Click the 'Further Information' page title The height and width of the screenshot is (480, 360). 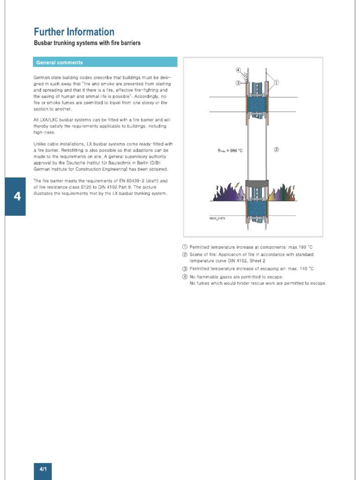click(x=74, y=32)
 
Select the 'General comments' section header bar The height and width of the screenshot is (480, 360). click(x=105, y=62)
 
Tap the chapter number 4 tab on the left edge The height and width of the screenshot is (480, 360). click(x=17, y=196)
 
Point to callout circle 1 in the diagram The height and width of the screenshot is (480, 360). click(x=277, y=82)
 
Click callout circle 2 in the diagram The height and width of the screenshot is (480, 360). click(x=277, y=150)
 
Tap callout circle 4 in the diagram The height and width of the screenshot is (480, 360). click(x=238, y=70)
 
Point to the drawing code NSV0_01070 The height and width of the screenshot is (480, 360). click(x=217, y=218)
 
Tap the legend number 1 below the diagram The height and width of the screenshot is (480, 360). click(x=185, y=247)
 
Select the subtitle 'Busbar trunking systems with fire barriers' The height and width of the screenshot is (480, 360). click(x=87, y=43)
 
